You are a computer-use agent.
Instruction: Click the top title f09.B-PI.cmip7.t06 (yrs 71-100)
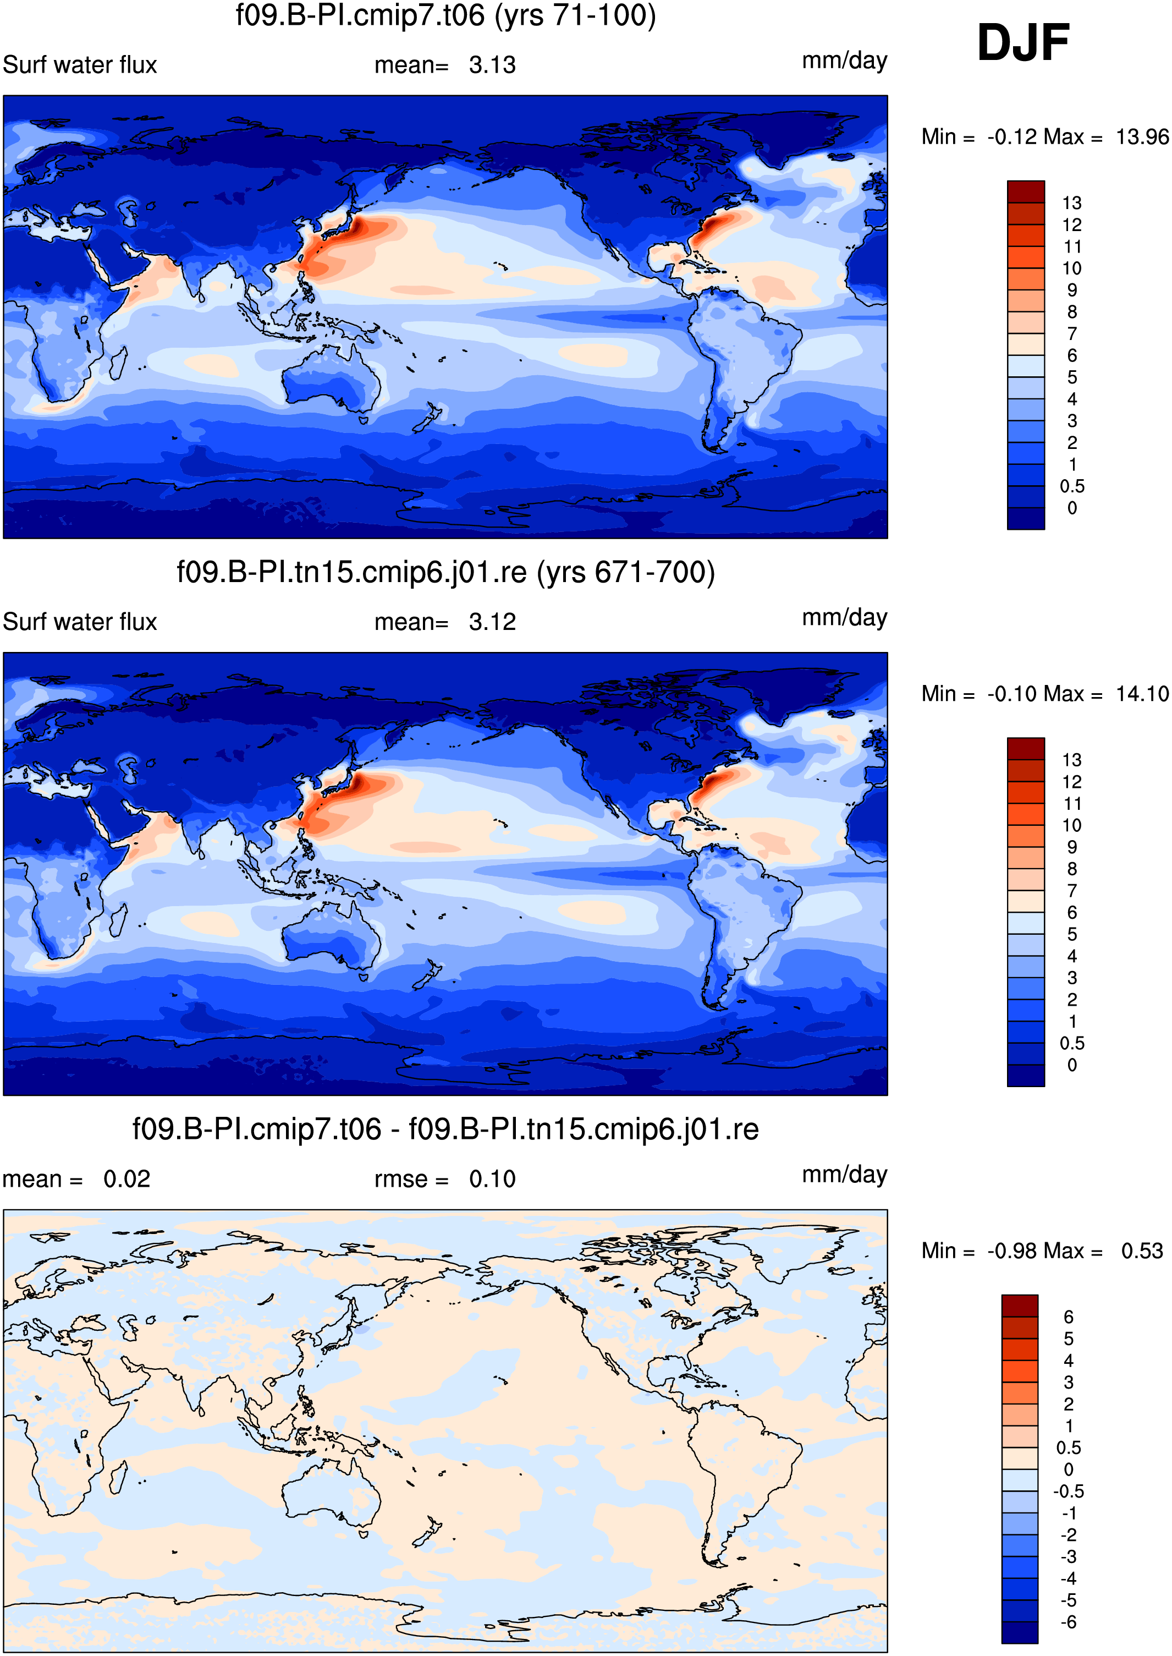pos(446,15)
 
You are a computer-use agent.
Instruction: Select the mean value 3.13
pos(492,65)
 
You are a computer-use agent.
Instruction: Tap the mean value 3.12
pos(492,622)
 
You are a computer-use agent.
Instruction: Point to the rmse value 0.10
pos(492,1180)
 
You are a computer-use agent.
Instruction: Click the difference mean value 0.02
pos(127,1180)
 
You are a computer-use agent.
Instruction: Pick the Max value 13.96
pos(1142,137)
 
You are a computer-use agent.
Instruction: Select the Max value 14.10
pos(1142,694)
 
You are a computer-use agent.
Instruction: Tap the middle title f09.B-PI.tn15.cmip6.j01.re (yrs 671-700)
pos(446,573)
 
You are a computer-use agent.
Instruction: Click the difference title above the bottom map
pos(445,1129)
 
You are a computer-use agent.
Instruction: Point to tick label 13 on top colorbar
pos(1072,203)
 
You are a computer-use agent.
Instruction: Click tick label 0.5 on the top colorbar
pos(1072,486)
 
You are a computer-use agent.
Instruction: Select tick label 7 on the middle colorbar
pos(1072,891)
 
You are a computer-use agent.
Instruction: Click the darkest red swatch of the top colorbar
pos(1026,192)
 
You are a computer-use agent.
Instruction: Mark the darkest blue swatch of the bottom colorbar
pos(1020,1633)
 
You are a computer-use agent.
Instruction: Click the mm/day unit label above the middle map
pos(844,618)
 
